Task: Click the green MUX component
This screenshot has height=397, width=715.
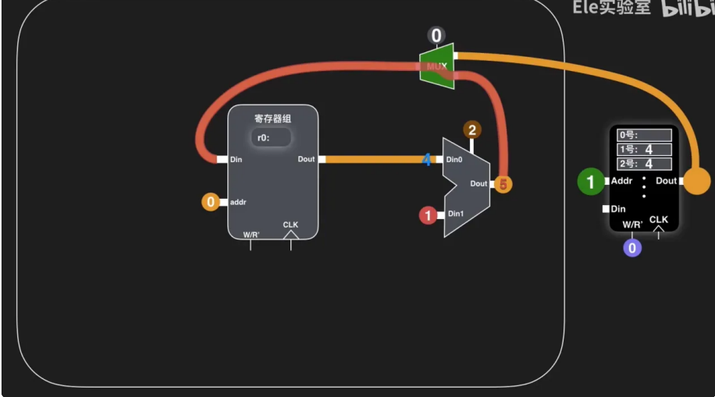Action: [436, 66]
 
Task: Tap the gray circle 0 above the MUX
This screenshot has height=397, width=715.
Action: [436, 35]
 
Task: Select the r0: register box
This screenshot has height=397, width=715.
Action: [272, 137]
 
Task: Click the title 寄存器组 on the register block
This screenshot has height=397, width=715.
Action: [272, 119]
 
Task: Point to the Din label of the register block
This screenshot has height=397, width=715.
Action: [237, 160]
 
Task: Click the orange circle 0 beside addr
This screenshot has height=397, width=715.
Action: [210, 203]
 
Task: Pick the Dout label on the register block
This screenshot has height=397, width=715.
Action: [306, 160]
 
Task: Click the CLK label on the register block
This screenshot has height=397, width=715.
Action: [290, 225]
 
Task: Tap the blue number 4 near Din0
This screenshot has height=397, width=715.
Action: [426, 160]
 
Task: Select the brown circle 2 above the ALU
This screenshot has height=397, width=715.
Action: [471, 130]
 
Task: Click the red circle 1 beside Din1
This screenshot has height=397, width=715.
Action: [428, 215]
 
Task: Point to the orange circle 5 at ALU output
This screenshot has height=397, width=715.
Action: [503, 185]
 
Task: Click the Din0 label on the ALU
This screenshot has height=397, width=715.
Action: [454, 160]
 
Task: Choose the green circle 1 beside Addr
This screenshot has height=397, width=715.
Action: [591, 182]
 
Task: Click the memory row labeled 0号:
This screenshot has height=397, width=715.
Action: [644, 135]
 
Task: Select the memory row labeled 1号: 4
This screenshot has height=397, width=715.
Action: [644, 149]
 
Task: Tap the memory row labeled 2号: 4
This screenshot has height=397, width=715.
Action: [644, 164]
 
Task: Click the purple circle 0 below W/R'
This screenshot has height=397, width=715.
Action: [632, 248]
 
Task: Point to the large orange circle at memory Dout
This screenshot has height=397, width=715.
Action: [697, 182]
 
